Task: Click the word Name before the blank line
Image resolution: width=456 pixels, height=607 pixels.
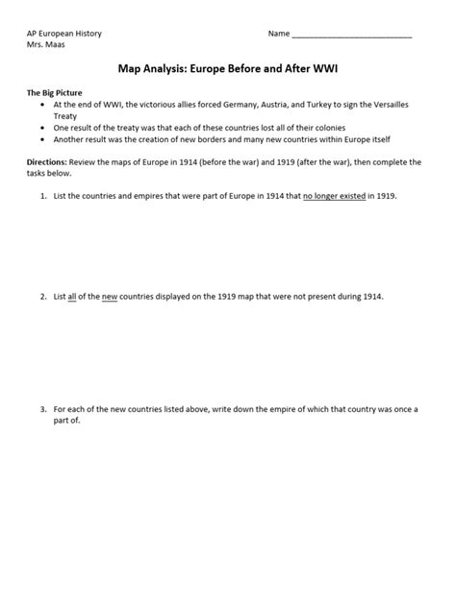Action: (x=278, y=34)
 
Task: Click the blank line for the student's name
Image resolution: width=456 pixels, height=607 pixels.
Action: (x=351, y=36)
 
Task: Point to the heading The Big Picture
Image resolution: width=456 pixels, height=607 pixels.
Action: (x=56, y=92)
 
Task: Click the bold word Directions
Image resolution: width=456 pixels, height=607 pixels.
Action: (x=46, y=162)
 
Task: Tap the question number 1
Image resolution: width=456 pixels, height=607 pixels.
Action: (x=43, y=195)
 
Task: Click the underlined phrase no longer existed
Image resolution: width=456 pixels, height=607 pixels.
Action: (x=334, y=195)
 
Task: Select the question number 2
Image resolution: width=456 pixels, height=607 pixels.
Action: (x=43, y=296)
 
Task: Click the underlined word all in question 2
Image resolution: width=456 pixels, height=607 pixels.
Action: (x=72, y=296)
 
